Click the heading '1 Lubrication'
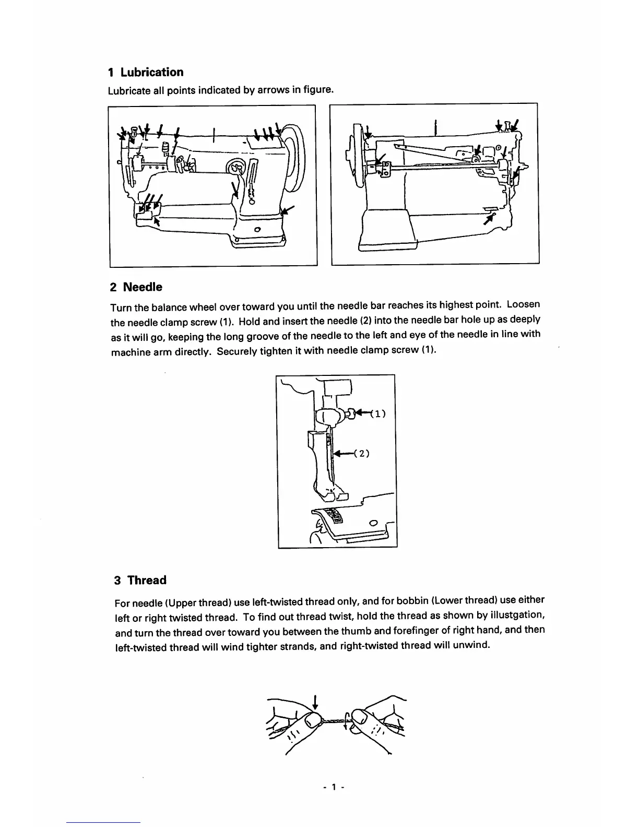tap(146, 72)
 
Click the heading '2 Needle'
tap(136, 287)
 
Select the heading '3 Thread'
tap(140, 580)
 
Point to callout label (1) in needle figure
tap(377, 415)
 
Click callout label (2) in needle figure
tap(362, 453)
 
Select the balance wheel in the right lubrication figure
tap(359, 156)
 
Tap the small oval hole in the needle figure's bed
tap(373, 523)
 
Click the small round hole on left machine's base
tap(257, 230)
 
